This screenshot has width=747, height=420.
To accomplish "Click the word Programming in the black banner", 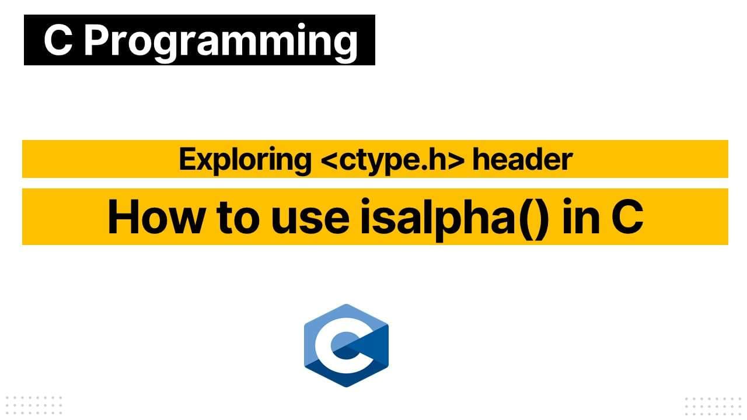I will click(x=221, y=41).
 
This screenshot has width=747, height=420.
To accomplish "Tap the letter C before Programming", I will click(x=57, y=41).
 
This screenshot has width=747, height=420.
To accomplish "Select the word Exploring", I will click(x=245, y=159).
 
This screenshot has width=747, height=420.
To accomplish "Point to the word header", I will click(x=522, y=159).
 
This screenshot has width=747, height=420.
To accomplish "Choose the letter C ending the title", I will click(x=627, y=216).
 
